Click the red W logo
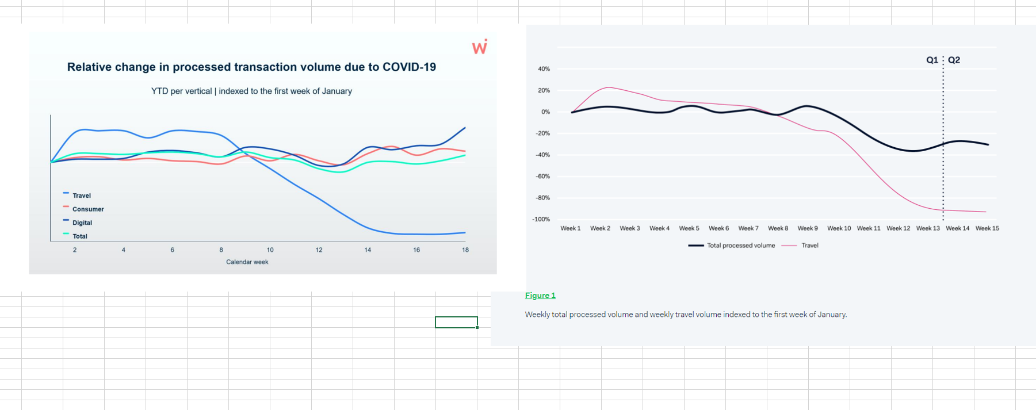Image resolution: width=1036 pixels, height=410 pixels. [x=480, y=47]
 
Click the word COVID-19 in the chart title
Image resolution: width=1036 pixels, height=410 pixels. [x=409, y=67]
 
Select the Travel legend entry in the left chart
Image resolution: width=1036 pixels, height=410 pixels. [x=81, y=196]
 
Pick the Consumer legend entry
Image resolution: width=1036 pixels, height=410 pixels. [x=87, y=209]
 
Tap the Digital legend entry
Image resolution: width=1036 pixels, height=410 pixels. [x=82, y=223]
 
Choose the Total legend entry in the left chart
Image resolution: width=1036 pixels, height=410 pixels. [x=79, y=236]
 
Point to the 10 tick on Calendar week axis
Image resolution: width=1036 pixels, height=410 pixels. [x=270, y=250]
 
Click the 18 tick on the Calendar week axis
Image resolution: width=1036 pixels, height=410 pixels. [x=465, y=250]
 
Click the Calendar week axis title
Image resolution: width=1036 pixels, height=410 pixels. [x=247, y=262]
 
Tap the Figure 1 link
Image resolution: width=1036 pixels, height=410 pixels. [x=540, y=296]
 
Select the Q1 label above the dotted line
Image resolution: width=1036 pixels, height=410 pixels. [x=932, y=60]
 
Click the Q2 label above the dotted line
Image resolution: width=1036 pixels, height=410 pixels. [x=954, y=60]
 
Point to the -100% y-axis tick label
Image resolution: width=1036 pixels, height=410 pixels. [x=541, y=219]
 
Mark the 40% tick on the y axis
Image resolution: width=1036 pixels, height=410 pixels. [x=544, y=69]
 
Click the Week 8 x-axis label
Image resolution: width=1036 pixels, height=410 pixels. [x=778, y=228]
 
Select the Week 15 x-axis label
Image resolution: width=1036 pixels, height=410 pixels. [x=987, y=228]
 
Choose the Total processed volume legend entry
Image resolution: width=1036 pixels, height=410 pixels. [x=740, y=246]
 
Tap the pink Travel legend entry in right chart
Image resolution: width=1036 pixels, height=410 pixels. [x=809, y=246]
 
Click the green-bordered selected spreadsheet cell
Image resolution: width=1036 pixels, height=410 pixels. [x=456, y=322]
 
